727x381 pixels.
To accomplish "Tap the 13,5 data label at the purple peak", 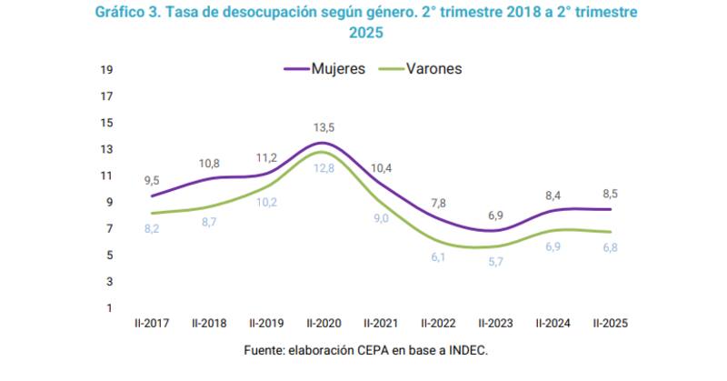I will click(x=324, y=127).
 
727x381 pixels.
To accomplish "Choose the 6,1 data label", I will click(x=438, y=258).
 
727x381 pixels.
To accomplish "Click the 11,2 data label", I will click(x=266, y=156).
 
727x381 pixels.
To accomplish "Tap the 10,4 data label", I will click(x=382, y=167).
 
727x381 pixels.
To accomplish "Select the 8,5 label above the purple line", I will click(x=610, y=193).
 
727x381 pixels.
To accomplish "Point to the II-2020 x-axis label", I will click(x=324, y=322).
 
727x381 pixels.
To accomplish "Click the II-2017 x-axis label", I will click(x=153, y=322).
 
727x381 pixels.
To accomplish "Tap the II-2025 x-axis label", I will click(x=610, y=322).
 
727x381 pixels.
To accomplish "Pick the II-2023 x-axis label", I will click(x=495, y=322).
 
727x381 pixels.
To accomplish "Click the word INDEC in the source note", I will click(x=469, y=350).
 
